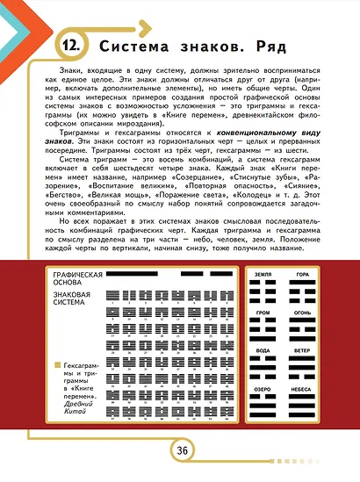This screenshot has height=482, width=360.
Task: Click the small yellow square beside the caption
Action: pos(55,363)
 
